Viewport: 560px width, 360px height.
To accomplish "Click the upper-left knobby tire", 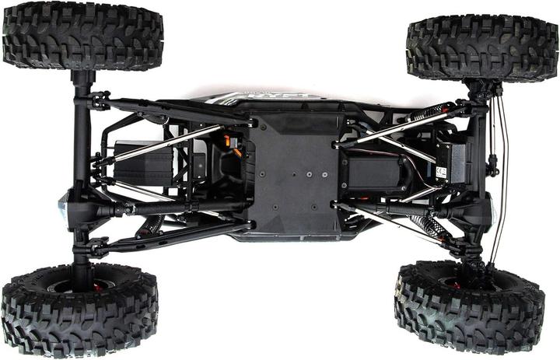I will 82,36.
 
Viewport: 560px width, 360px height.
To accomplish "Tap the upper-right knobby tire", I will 481,48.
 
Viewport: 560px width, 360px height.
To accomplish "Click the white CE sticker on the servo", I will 441,173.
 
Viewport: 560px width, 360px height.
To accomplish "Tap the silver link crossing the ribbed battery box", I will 159,145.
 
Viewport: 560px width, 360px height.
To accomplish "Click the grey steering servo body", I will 451,163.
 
